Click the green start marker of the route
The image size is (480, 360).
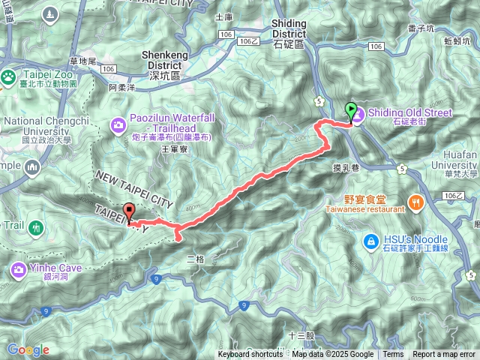click(x=349, y=111)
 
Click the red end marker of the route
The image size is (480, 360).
click(x=128, y=212)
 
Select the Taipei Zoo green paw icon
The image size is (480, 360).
click(x=8, y=76)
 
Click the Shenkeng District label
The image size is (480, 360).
click(x=152, y=65)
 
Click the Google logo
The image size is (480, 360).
click(x=28, y=349)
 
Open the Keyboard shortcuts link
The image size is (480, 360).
click(x=250, y=355)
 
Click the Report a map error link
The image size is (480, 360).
click(x=443, y=355)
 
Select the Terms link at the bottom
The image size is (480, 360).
click(x=393, y=355)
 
